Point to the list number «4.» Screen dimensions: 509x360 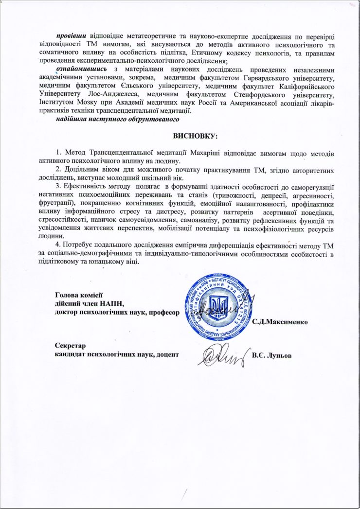pyautogui.click(x=59, y=245)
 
